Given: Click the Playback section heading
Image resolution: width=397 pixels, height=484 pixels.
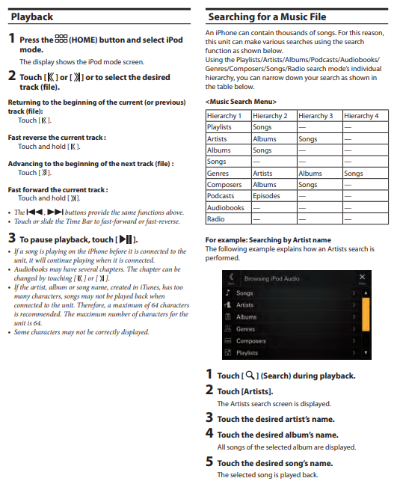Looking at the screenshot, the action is (31, 16).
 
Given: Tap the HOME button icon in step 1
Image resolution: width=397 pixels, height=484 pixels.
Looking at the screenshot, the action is (61, 39).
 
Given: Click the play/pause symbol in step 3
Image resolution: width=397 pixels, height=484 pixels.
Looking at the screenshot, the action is (126, 239).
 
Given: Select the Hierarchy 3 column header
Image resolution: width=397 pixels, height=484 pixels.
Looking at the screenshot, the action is (316, 116).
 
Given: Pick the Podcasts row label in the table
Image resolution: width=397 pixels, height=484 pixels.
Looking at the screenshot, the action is (221, 196).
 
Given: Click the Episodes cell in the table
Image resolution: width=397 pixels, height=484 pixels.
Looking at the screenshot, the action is (266, 196).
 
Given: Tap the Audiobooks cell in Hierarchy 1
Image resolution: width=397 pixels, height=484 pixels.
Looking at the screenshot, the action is (226, 207).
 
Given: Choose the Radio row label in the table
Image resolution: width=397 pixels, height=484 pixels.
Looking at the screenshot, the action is (215, 219).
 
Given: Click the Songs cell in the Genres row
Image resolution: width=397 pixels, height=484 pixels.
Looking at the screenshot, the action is (354, 173).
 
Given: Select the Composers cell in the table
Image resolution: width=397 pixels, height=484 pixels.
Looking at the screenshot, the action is (224, 185).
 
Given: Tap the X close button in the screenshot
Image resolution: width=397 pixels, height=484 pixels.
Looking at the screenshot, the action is (362, 277).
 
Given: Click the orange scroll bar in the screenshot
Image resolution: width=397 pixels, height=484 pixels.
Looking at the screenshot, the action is (366, 314).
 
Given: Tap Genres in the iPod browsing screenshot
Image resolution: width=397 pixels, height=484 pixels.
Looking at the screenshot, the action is (245, 329).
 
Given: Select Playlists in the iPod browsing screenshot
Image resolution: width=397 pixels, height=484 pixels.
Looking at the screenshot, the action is (247, 353).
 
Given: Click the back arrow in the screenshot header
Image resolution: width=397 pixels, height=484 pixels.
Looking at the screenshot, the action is (231, 277).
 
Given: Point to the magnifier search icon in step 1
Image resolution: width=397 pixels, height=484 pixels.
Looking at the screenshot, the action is (250, 376).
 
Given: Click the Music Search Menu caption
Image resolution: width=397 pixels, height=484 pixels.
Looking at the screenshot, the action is (241, 102).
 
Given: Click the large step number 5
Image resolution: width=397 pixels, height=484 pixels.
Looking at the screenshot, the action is (209, 462).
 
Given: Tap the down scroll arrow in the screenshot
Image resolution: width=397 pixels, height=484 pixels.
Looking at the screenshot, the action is (366, 352).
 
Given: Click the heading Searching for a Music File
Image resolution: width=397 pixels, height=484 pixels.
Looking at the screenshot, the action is (267, 16).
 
